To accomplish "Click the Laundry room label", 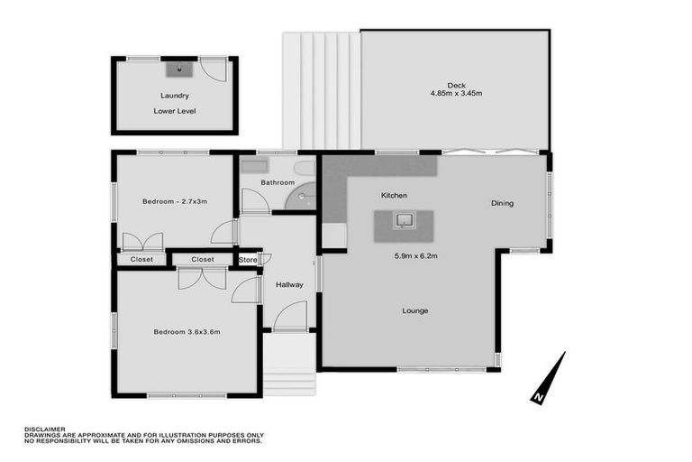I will tap(174, 95).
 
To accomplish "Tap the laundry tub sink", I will tap(179, 68).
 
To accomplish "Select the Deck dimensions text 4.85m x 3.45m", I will tap(457, 93).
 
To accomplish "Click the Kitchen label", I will tap(394, 195).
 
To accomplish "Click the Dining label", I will tap(502, 203).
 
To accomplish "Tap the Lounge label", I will tap(415, 310).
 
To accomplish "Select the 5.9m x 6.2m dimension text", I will tap(415, 255).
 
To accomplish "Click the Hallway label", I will tap(289, 285).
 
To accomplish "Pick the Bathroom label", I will tap(278, 182).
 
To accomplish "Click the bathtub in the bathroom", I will tap(254, 167).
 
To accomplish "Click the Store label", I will tap(247, 260).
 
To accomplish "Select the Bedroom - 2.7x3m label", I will tap(175, 201).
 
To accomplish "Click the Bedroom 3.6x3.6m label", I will tap(187, 332).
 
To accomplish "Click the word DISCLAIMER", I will tap(43, 430).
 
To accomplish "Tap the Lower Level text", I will tap(174, 111).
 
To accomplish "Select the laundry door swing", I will tap(214, 69).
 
